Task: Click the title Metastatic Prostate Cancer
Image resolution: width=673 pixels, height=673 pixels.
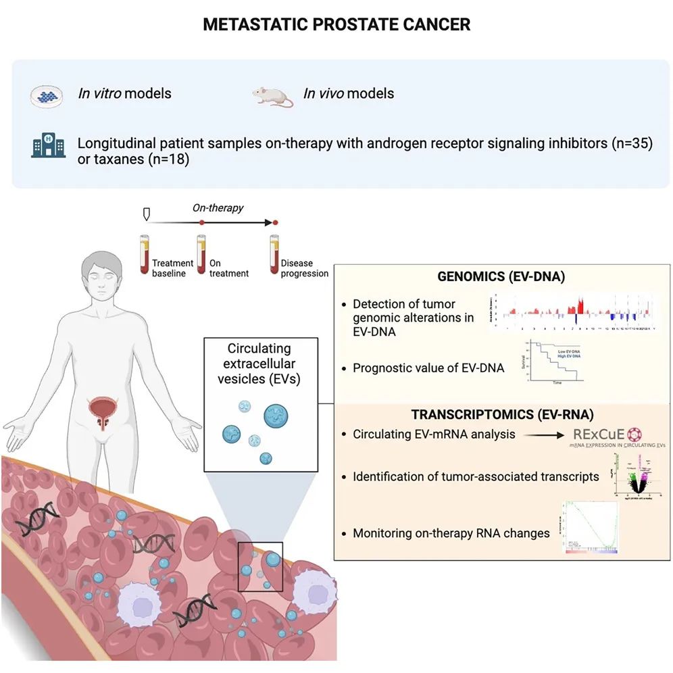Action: pyautogui.click(x=336, y=25)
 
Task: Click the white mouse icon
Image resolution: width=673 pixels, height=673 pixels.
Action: pyautogui.click(x=273, y=96)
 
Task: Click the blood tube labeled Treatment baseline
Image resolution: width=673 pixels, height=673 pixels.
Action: pyautogui.click(x=143, y=253)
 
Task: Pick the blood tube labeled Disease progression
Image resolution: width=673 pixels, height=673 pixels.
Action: pyautogui.click(x=274, y=253)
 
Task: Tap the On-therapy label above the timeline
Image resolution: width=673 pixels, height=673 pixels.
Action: pyautogui.click(x=218, y=208)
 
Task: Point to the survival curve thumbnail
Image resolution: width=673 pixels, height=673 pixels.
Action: pyautogui.click(x=552, y=362)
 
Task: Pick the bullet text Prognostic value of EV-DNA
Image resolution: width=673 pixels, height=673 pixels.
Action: pyautogui.click(x=428, y=368)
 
